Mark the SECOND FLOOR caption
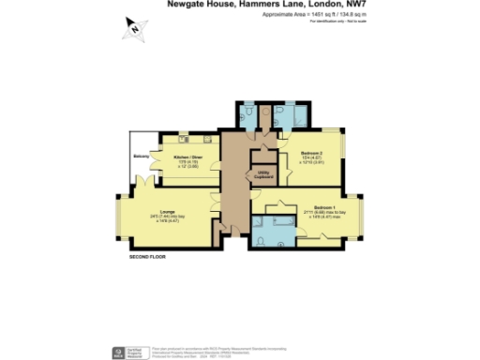coord(148,255)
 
